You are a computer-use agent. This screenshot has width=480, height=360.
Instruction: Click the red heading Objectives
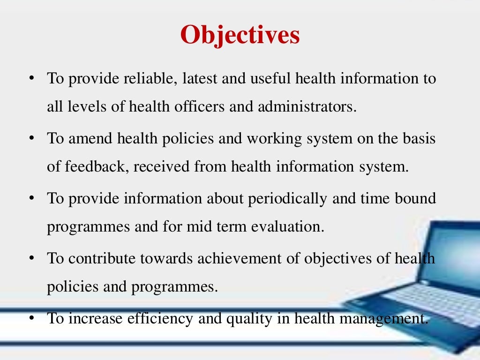pos(240,35)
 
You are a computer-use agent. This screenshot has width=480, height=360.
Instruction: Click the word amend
pos(92,139)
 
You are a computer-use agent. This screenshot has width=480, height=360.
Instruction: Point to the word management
pos(390,318)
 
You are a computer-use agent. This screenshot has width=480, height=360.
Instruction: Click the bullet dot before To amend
pos(31,139)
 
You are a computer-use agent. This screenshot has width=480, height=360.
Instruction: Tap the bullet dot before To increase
pos(31,318)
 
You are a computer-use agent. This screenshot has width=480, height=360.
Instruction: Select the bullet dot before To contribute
pos(31,258)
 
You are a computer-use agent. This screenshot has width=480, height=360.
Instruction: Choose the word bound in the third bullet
pos(417,198)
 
